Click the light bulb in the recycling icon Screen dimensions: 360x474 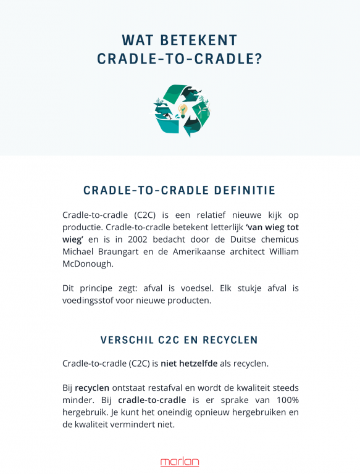(183, 111)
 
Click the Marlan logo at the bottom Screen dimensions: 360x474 (180, 462)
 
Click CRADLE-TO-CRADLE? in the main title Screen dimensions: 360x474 (180, 59)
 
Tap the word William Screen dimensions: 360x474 (280, 252)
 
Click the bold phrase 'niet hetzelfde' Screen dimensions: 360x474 (189, 364)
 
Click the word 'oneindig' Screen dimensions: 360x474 (188, 412)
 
